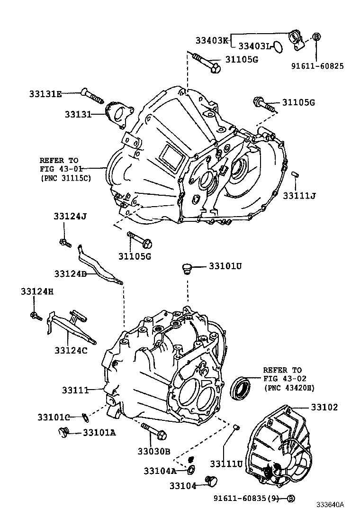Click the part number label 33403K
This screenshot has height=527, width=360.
click(212, 40)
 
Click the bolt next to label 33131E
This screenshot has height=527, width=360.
click(93, 96)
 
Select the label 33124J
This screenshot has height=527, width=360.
click(70, 217)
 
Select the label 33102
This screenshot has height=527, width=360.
click(324, 407)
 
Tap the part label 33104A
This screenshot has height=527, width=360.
click(160, 470)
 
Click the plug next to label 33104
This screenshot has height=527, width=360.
click(210, 481)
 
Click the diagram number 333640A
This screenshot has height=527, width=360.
click(331, 518)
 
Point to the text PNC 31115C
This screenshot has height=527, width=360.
click(65, 178)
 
